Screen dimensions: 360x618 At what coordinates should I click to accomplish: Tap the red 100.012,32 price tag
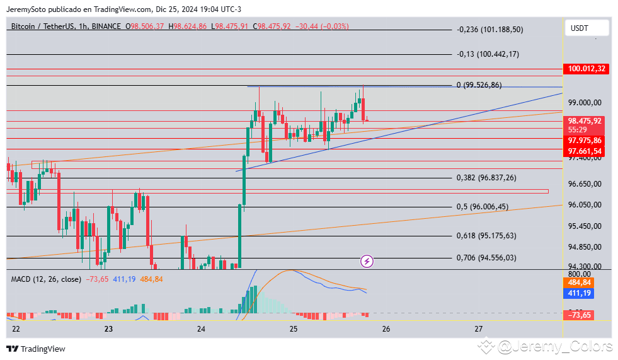pyautogui.click(x=586, y=69)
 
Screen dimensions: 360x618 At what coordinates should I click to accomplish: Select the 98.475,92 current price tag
pyautogui.click(x=585, y=120)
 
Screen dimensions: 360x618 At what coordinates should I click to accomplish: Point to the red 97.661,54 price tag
pyautogui.click(x=585, y=151)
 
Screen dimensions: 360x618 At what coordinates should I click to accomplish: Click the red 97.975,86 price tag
pyautogui.click(x=585, y=141)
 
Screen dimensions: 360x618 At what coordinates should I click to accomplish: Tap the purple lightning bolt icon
pyautogui.click(x=367, y=260)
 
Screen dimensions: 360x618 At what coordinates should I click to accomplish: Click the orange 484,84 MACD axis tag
pyautogui.click(x=579, y=283)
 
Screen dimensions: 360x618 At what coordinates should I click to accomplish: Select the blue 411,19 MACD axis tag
pyautogui.click(x=579, y=293)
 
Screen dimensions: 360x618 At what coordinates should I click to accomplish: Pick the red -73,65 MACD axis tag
pyautogui.click(x=579, y=315)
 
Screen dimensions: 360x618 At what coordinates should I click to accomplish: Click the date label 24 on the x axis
pyautogui.click(x=201, y=329)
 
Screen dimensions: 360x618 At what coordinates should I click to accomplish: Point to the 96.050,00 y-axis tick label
pyautogui.click(x=585, y=205)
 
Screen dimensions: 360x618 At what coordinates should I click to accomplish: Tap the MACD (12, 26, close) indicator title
pyautogui.click(x=46, y=279)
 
